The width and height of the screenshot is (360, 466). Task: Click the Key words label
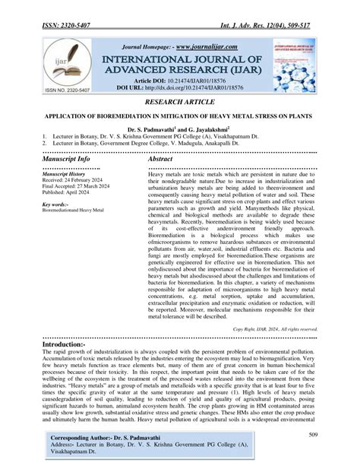(56, 205)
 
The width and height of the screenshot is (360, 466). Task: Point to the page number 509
(311, 436)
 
